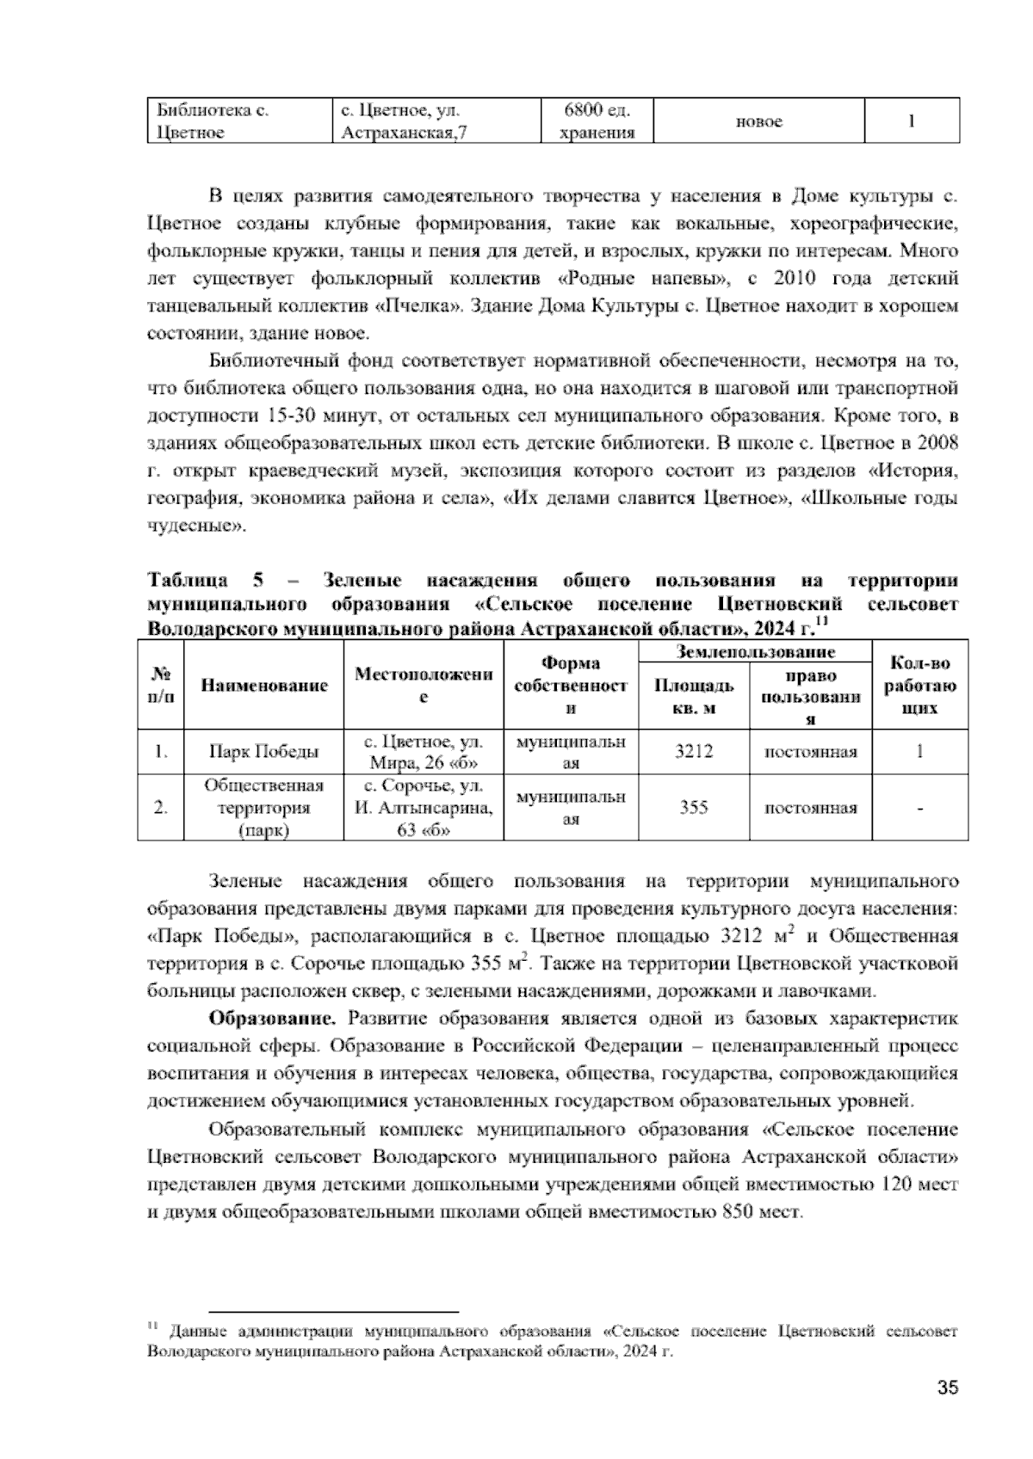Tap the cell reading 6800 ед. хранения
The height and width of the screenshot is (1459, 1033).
[597, 120]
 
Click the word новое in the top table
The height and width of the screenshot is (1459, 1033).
[758, 121]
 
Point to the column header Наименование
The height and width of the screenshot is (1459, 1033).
[264, 685]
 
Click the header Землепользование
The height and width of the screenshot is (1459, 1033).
[755, 652]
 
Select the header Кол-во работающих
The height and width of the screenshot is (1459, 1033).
[920, 685]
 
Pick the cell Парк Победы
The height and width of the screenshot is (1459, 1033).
[264, 752]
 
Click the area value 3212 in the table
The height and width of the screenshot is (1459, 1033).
[693, 752]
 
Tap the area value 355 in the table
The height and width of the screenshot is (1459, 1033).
[693, 808]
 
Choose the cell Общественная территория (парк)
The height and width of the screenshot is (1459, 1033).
[264, 808]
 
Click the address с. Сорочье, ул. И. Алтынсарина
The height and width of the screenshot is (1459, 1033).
[424, 808]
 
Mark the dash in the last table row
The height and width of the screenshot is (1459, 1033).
[920, 809]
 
